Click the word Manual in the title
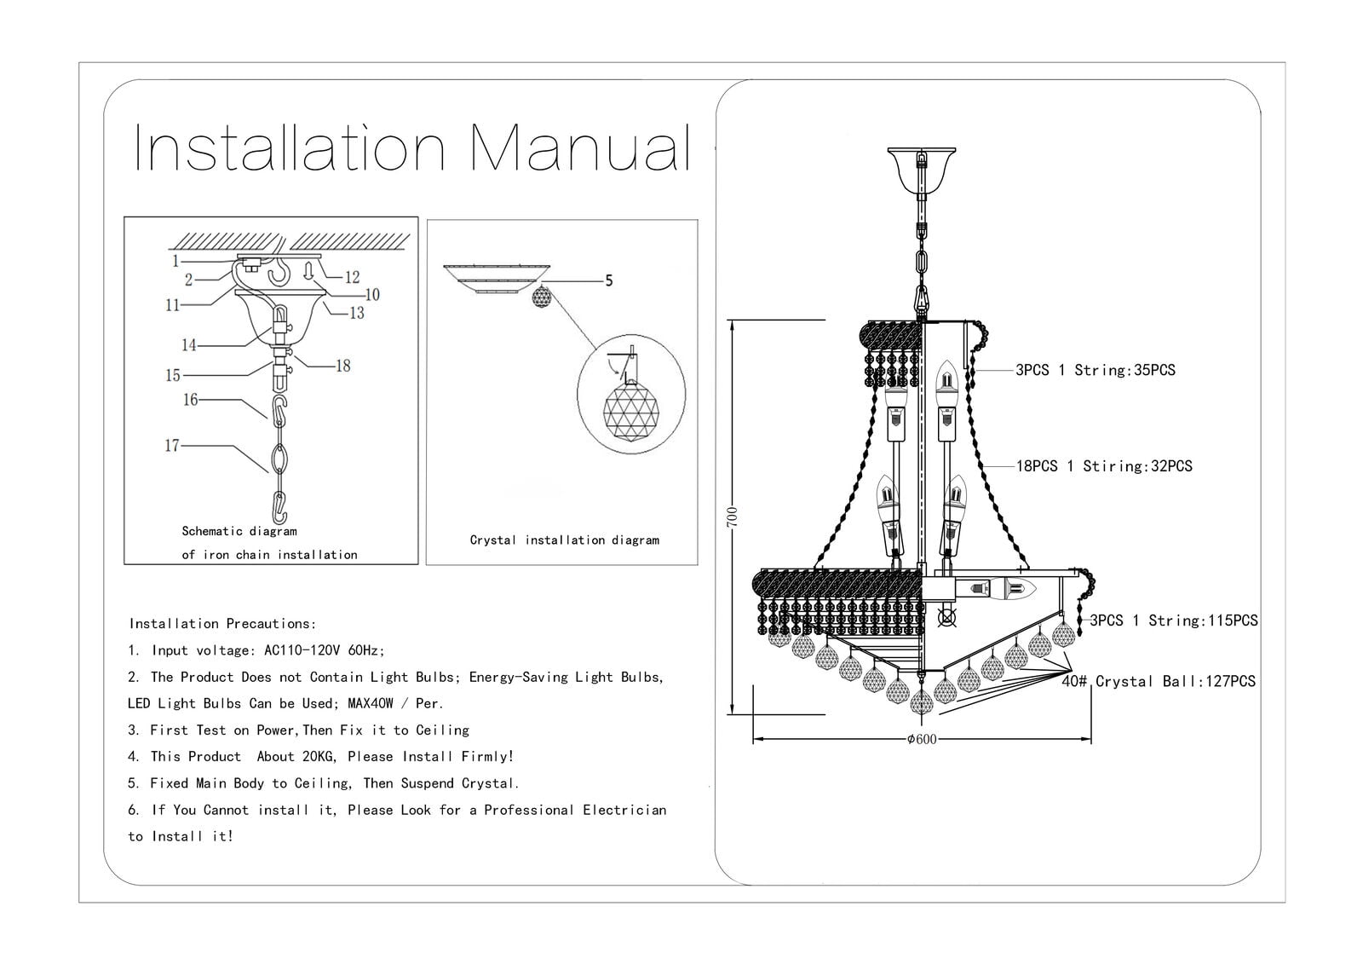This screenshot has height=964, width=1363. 580,149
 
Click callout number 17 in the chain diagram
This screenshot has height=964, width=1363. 172,445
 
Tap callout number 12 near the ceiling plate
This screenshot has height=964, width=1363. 352,277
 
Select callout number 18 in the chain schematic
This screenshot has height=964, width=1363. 342,366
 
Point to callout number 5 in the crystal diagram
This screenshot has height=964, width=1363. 608,280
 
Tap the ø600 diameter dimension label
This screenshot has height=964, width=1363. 921,739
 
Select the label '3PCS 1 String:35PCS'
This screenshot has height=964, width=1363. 1095,370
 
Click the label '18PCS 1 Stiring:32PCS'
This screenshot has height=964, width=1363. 1104,466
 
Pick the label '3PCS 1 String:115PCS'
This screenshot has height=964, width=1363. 1174,621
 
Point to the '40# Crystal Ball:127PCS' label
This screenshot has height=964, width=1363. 1159,681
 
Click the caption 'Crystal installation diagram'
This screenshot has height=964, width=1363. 564,540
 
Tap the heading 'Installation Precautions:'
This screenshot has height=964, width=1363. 222,624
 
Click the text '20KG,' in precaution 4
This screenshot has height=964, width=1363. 321,756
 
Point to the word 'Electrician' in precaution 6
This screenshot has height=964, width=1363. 624,810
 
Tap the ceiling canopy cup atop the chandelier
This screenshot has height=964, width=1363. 921,170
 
